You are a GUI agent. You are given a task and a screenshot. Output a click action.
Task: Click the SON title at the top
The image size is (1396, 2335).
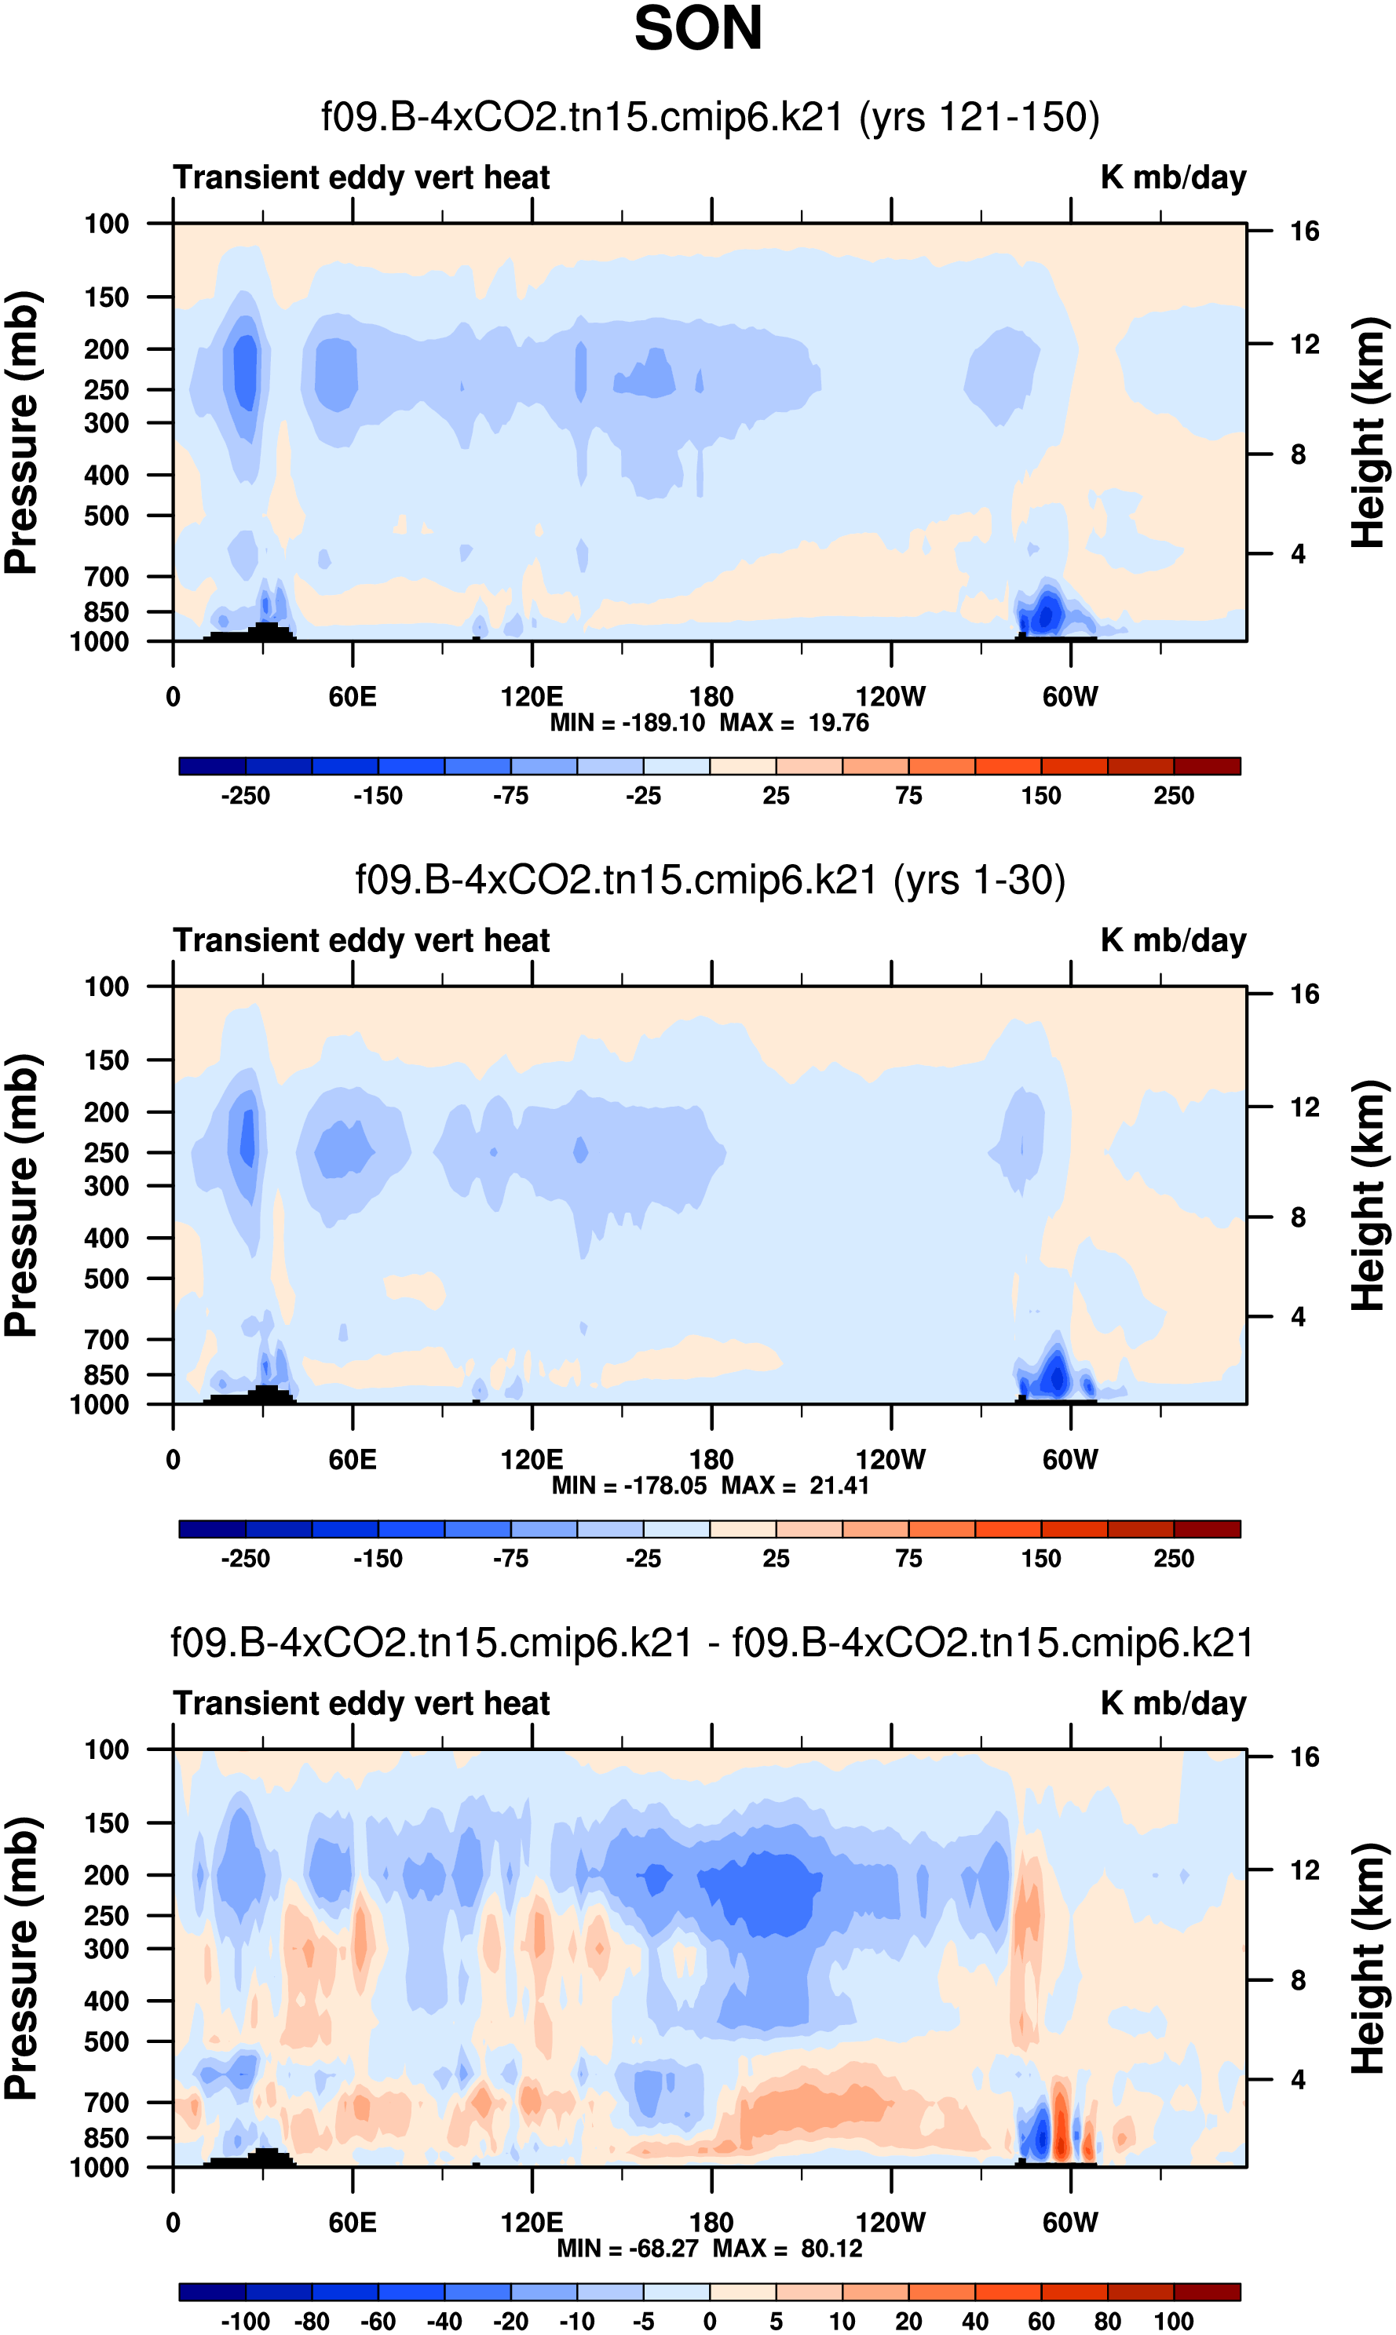coord(697,29)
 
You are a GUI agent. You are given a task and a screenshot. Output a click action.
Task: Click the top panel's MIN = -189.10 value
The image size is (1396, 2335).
coord(627,723)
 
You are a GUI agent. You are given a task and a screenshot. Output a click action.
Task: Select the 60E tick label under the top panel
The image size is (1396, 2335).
coord(352,697)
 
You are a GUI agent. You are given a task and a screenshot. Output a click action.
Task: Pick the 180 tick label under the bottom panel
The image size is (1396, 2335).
coord(711,2222)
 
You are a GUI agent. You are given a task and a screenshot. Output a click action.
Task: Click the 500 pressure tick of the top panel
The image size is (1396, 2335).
coord(106,516)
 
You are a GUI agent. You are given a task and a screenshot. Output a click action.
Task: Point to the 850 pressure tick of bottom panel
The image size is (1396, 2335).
coord(106,2137)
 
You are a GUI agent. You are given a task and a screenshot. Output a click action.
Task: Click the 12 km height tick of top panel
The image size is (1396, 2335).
coord(1304,345)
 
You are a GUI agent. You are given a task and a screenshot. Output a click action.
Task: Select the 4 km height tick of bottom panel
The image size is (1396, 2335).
coord(1298,2079)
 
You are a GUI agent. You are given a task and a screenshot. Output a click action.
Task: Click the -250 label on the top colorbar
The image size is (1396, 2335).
coord(246,796)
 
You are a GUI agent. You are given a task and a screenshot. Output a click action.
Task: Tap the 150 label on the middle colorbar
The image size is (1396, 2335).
coord(1040,1558)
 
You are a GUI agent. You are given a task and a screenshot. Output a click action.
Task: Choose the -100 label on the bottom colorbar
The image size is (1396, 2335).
coord(246,2321)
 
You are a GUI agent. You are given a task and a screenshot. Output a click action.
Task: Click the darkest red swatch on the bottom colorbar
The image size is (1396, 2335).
coord(1207,2292)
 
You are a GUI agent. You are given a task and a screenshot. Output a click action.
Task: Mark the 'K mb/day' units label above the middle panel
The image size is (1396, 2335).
coord(1173,940)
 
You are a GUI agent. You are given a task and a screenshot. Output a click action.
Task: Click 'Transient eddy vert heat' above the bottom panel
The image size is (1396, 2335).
coord(361,1703)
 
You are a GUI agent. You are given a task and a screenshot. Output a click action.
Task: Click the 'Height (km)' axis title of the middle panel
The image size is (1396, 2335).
coord(1369,1195)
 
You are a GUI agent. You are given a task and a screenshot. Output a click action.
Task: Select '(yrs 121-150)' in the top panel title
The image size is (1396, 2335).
coord(979,117)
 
